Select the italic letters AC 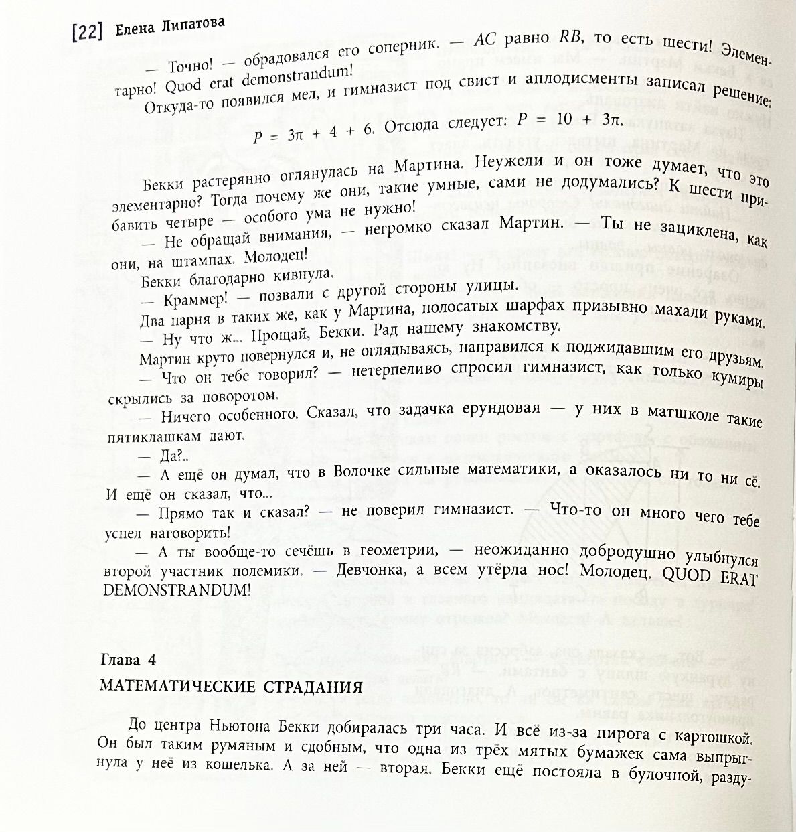[x=485, y=40]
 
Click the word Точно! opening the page [x=190, y=66]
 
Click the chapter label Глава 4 [x=127, y=661]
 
